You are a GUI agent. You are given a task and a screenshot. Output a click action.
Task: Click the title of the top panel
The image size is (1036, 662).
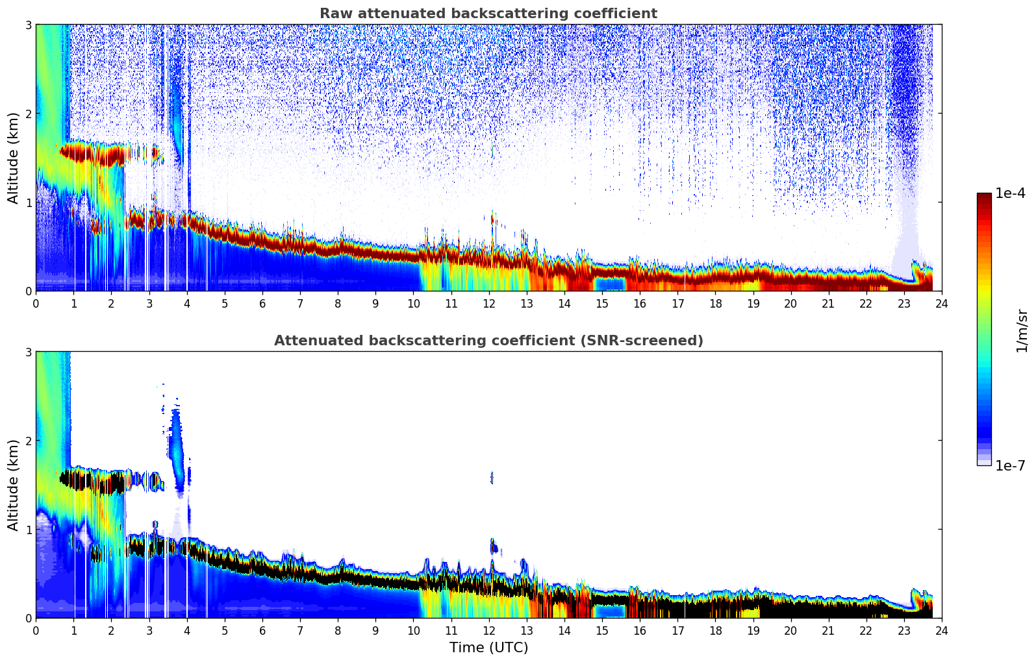click(x=488, y=14)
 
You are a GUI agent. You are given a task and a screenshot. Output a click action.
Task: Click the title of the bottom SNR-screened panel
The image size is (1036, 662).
click(x=488, y=341)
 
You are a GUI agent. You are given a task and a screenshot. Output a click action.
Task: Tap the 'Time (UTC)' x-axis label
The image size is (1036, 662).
click(x=488, y=648)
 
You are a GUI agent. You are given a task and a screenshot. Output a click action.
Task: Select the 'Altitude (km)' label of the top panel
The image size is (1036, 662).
click(x=14, y=158)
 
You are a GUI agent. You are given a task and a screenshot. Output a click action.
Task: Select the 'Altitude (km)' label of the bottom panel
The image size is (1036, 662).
click(x=14, y=485)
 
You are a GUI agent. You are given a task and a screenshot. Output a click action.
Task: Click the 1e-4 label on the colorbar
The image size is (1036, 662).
click(x=1010, y=193)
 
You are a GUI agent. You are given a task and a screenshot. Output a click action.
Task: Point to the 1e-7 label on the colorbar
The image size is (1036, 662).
click(x=1010, y=465)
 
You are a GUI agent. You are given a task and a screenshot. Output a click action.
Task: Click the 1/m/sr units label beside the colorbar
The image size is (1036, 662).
click(x=1022, y=330)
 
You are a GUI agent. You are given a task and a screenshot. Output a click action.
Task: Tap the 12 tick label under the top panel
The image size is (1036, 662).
click(x=488, y=303)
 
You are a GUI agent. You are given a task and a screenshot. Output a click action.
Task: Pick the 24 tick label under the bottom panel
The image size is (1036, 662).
click(x=941, y=630)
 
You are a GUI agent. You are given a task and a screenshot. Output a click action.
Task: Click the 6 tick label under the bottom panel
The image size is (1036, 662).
click(x=262, y=630)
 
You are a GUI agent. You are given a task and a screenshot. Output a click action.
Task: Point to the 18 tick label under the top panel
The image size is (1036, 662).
click(x=715, y=303)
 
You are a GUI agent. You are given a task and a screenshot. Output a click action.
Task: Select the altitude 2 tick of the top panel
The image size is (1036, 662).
click(x=28, y=114)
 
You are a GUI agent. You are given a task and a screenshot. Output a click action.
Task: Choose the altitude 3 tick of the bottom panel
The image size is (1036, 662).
click(x=28, y=352)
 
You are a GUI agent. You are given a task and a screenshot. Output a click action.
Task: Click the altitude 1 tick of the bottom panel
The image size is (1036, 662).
click(x=28, y=530)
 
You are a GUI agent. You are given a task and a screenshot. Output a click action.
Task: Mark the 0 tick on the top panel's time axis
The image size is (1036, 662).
click(x=36, y=303)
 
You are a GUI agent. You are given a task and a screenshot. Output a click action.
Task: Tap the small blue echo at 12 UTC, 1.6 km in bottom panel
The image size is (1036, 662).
click(x=492, y=478)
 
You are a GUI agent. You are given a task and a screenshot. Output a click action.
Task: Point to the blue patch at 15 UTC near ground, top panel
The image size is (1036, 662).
click(x=610, y=284)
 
